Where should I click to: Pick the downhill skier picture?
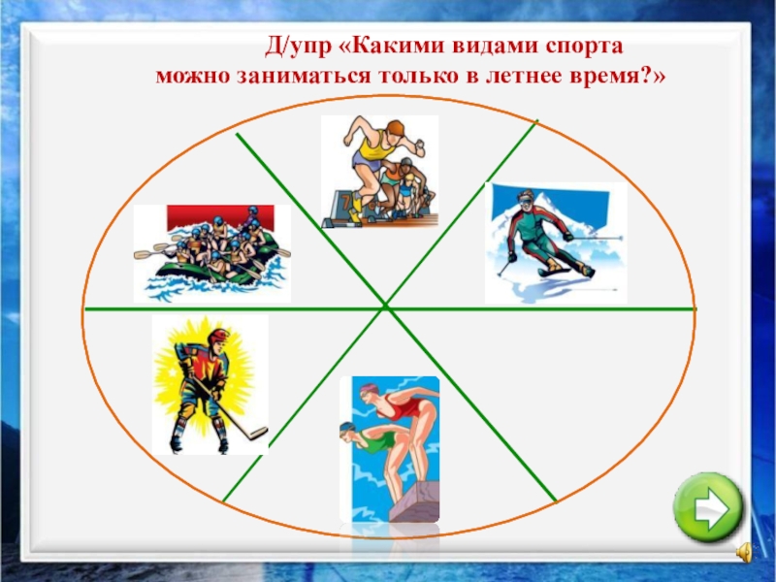point(555,242)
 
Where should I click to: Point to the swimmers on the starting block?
point(389,449)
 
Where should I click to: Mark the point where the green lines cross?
point(386,307)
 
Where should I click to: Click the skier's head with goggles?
point(525,202)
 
